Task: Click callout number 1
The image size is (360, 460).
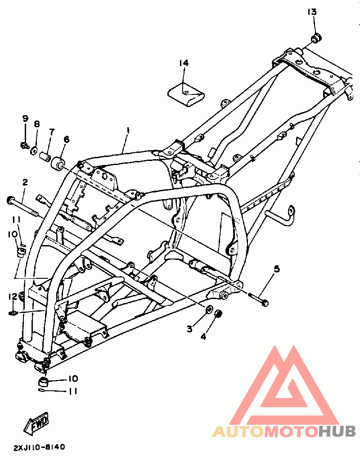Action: (128, 130)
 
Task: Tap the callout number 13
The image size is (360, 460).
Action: (312, 11)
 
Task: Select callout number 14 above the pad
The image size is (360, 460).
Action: (184, 63)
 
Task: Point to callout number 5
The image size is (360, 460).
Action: (276, 269)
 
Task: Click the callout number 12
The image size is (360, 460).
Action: (12, 296)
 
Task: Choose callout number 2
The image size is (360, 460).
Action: (25, 182)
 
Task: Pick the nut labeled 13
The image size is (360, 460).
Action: (316, 38)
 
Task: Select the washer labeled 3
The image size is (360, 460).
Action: (209, 310)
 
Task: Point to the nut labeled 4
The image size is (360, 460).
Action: (218, 313)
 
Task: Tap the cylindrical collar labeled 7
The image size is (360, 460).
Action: (44, 157)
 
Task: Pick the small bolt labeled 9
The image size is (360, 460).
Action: (24, 145)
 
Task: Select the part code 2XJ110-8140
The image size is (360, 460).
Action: (39, 447)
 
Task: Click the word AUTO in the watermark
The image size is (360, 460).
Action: (238, 432)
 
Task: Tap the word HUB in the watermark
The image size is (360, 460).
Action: (337, 432)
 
